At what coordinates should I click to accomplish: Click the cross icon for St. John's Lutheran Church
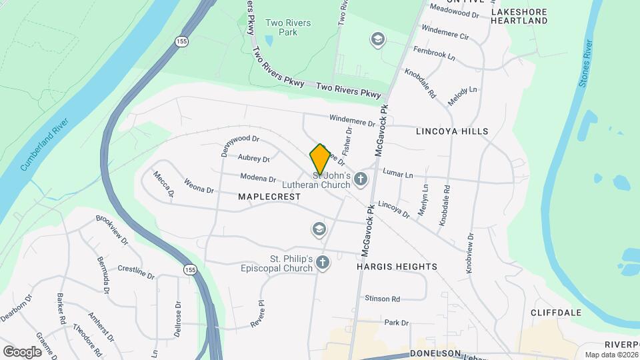click(361, 178)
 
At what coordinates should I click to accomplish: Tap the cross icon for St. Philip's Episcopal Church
click(323, 262)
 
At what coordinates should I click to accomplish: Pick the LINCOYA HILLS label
click(452, 131)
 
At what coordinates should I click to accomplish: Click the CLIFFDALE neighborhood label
click(556, 312)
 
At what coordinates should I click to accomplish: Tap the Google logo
click(22, 351)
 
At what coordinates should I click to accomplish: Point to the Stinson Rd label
click(382, 299)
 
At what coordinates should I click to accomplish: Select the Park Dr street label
click(396, 323)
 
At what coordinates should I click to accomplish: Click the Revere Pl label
click(258, 312)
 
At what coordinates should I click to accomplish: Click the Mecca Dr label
click(163, 184)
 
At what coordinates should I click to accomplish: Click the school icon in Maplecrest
click(319, 230)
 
